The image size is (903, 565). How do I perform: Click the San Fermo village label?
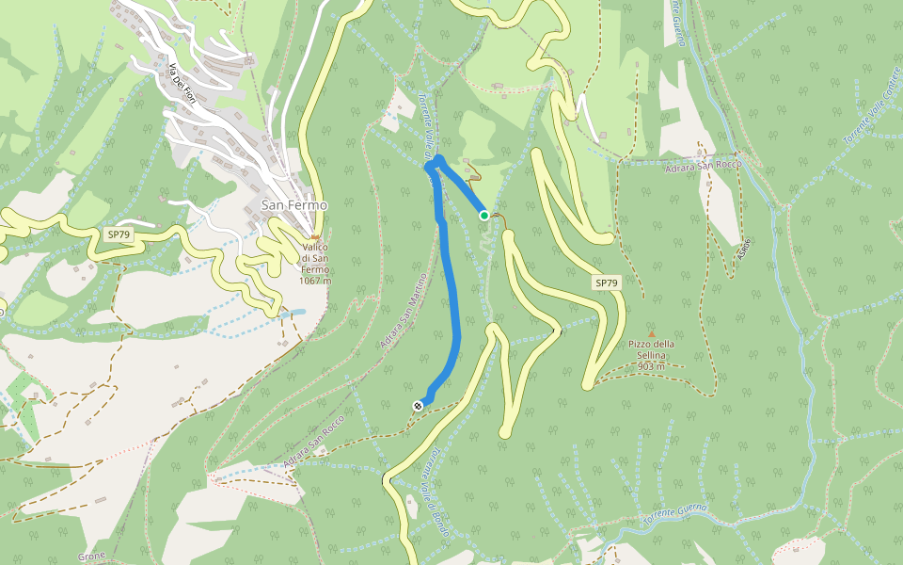pyautogui.click(x=294, y=205)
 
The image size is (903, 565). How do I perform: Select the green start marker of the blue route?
pyautogui.click(x=484, y=216)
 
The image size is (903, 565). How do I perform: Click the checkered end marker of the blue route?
pyautogui.click(x=417, y=406)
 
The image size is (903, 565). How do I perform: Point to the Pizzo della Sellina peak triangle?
pyautogui.click(x=651, y=333)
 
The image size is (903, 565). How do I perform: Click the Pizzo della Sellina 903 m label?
pyautogui.click(x=651, y=349)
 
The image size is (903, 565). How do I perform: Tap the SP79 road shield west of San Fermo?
pyautogui.click(x=119, y=234)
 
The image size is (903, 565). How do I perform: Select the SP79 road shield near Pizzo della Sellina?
pyautogui.click(x=606, y=282)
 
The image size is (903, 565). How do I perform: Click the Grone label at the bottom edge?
pyautogui.click(x=92, y=557)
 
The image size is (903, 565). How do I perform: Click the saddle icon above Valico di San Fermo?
pyautogui.click(x=315, y=237)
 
